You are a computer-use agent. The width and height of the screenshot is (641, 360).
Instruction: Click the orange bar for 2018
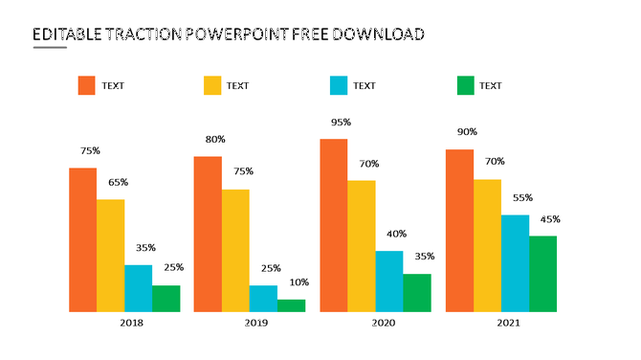point(82,239)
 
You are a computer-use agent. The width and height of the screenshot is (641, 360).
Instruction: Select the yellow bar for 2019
point(235,250)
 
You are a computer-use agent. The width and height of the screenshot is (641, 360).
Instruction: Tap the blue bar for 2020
point(388,281)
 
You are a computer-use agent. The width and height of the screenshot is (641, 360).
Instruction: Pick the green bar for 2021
point(542,273)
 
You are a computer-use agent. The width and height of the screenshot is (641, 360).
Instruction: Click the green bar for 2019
point(291,305)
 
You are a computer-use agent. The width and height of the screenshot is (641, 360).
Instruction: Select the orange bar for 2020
point(333,225)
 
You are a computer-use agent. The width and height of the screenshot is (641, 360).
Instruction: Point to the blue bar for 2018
point(138,287)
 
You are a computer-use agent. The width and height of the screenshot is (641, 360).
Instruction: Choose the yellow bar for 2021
point(487,245)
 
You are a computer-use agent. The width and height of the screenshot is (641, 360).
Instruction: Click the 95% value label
point(341,122)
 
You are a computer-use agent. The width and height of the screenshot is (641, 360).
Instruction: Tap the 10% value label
point(298,282)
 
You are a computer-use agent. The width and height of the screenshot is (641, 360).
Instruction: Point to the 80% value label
point(215,140)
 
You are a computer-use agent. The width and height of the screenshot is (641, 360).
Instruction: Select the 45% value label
point(550,219)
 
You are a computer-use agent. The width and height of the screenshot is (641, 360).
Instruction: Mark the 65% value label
point(118,182)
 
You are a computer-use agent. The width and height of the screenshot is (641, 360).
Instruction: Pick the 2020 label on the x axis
point(383,324)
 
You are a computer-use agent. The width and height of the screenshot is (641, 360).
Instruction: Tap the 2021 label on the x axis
point(508,324)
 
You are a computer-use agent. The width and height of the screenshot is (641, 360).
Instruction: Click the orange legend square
point(87,85)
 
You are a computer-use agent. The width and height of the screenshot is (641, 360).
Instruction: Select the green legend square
point(465,85)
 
